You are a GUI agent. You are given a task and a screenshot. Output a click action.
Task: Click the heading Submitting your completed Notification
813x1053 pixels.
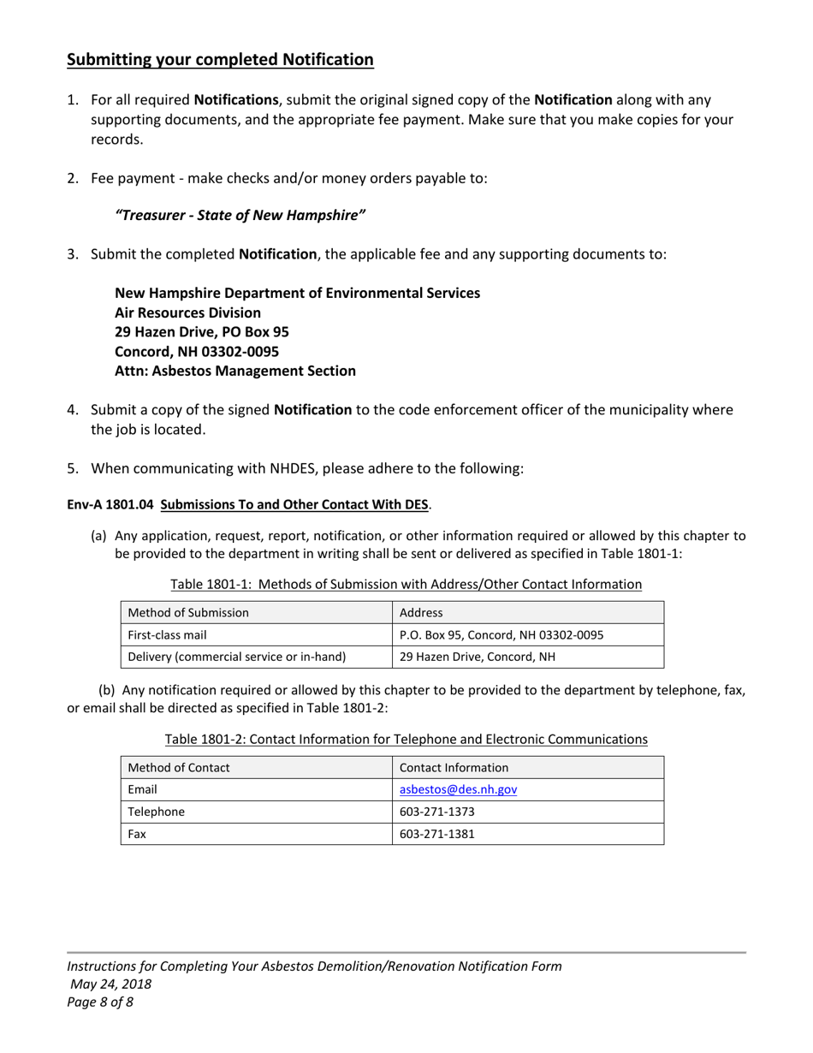point(220,60)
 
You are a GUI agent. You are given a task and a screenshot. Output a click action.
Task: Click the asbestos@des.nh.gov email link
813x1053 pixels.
point(458,789)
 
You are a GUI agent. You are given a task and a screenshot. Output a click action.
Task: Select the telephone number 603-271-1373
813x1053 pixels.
point(437,812)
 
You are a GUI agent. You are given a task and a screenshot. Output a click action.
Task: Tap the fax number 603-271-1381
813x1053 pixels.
point(437,834)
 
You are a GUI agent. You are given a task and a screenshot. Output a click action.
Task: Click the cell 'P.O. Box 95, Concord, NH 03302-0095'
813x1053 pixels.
point(501,634)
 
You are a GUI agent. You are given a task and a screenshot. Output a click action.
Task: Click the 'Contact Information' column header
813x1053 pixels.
point(454,767)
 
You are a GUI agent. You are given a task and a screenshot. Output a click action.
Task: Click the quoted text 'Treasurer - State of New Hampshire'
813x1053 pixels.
point(240,215)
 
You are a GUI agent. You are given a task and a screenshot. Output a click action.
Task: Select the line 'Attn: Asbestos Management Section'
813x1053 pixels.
point(235,371)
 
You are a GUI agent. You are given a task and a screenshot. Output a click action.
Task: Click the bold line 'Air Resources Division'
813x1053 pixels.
point(187,312)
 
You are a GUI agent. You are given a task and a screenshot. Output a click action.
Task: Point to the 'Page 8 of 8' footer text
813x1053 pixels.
point(100,1001)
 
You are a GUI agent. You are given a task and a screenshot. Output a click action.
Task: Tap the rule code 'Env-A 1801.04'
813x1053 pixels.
point(110,505)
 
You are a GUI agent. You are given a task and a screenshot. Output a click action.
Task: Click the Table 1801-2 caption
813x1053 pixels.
point(406,739)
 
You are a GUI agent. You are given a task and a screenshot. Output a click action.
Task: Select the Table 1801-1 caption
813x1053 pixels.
point(406,584)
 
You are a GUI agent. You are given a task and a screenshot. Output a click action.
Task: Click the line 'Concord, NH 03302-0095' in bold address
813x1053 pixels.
point(196,351)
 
